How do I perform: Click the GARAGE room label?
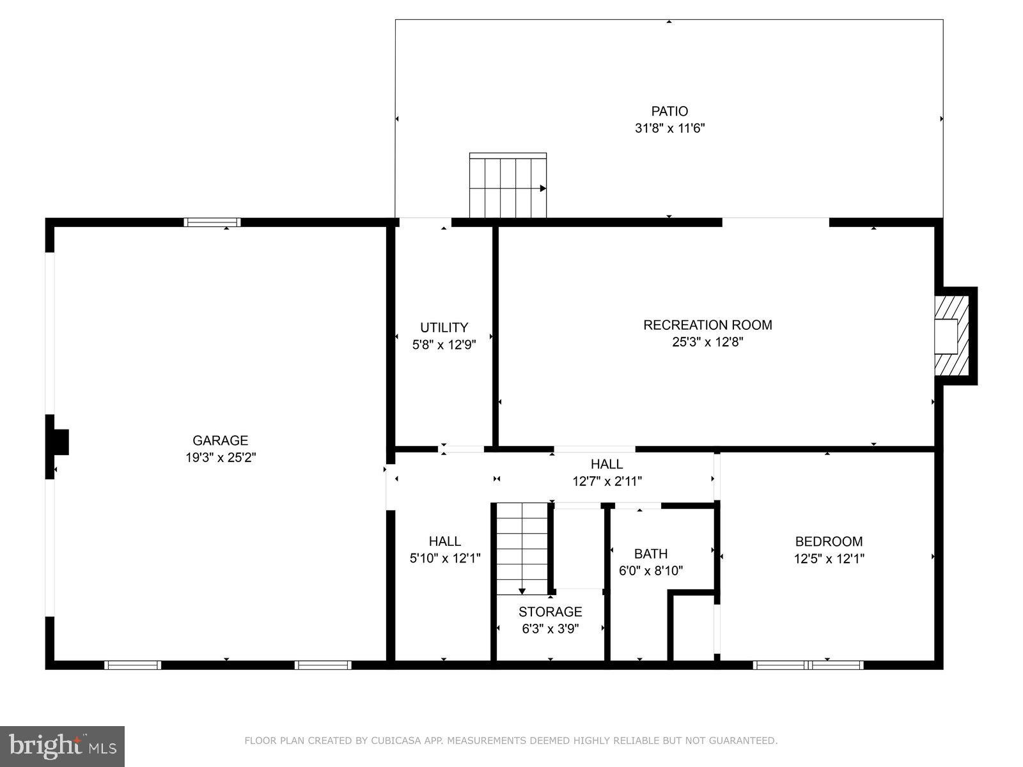pyautogui.click(x=220, y=440)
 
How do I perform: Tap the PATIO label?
pyautogui.click(x=669, y=111)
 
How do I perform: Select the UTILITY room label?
pyautogui.click(x=444, y=327)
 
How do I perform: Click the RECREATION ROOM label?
pyautogui.click(x=707, y=325)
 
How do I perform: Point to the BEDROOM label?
pyautogui.click(x=829, y=541)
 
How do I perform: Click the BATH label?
pyautogui.click(x=650, y=554)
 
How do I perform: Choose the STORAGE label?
pyautogui.click(x=550, y=612)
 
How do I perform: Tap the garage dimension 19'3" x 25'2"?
pyautogui.click(x=220, y=458)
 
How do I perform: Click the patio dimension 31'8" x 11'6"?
pyautogui.click(x=669, y=128)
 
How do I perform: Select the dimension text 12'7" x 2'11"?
pyautogui.click(x=607, y=481)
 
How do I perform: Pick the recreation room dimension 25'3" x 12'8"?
pyautogui.click(x=707, y=342)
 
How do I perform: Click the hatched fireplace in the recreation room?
pyautogui.click(x=948, y=336)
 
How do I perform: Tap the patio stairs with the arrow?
pyautogui.click(x=508, y=186)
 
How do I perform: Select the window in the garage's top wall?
pyautogui.click(x=212, y=222)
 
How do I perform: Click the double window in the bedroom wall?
pyautogui.click(x=808, y=665)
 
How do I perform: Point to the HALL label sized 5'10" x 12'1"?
pyautogui.click(x=444, y=541)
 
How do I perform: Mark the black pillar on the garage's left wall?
pyautogui.click(x=58, y=442)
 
